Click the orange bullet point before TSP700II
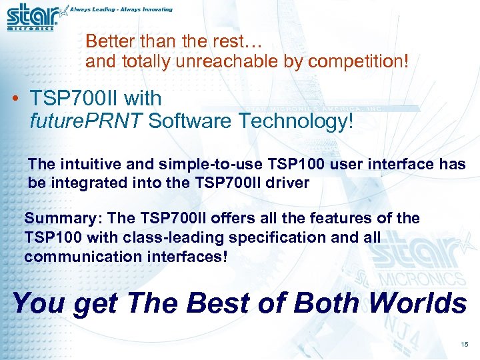click(15, 99)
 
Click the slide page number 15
click(464, 344)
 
